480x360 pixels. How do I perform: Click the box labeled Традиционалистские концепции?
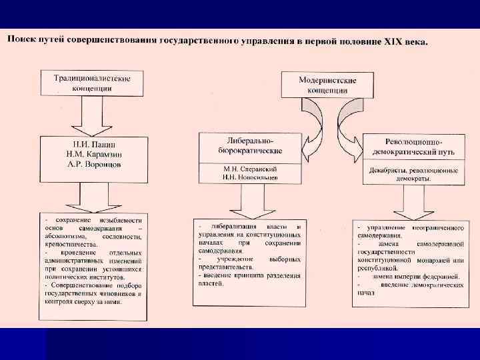click(93, 83)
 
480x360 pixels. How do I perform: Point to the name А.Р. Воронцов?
click(93, 165)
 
